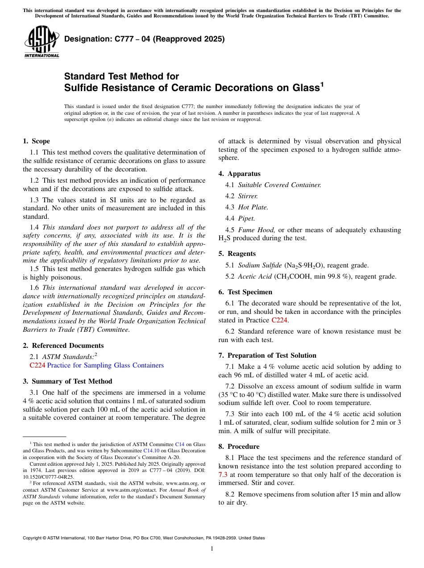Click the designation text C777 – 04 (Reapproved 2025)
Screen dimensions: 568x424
144,39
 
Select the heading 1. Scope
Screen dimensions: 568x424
36,141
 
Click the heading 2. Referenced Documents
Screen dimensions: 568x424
63,346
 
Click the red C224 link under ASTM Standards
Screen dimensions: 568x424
37,365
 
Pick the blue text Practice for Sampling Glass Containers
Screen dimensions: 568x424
105,365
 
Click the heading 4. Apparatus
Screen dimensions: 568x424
239,174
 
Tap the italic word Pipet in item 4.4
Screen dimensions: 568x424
246,218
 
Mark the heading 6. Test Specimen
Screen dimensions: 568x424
245,292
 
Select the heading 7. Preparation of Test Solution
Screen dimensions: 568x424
267,355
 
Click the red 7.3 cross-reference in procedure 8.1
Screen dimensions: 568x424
223,475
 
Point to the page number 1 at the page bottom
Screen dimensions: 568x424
212,549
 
